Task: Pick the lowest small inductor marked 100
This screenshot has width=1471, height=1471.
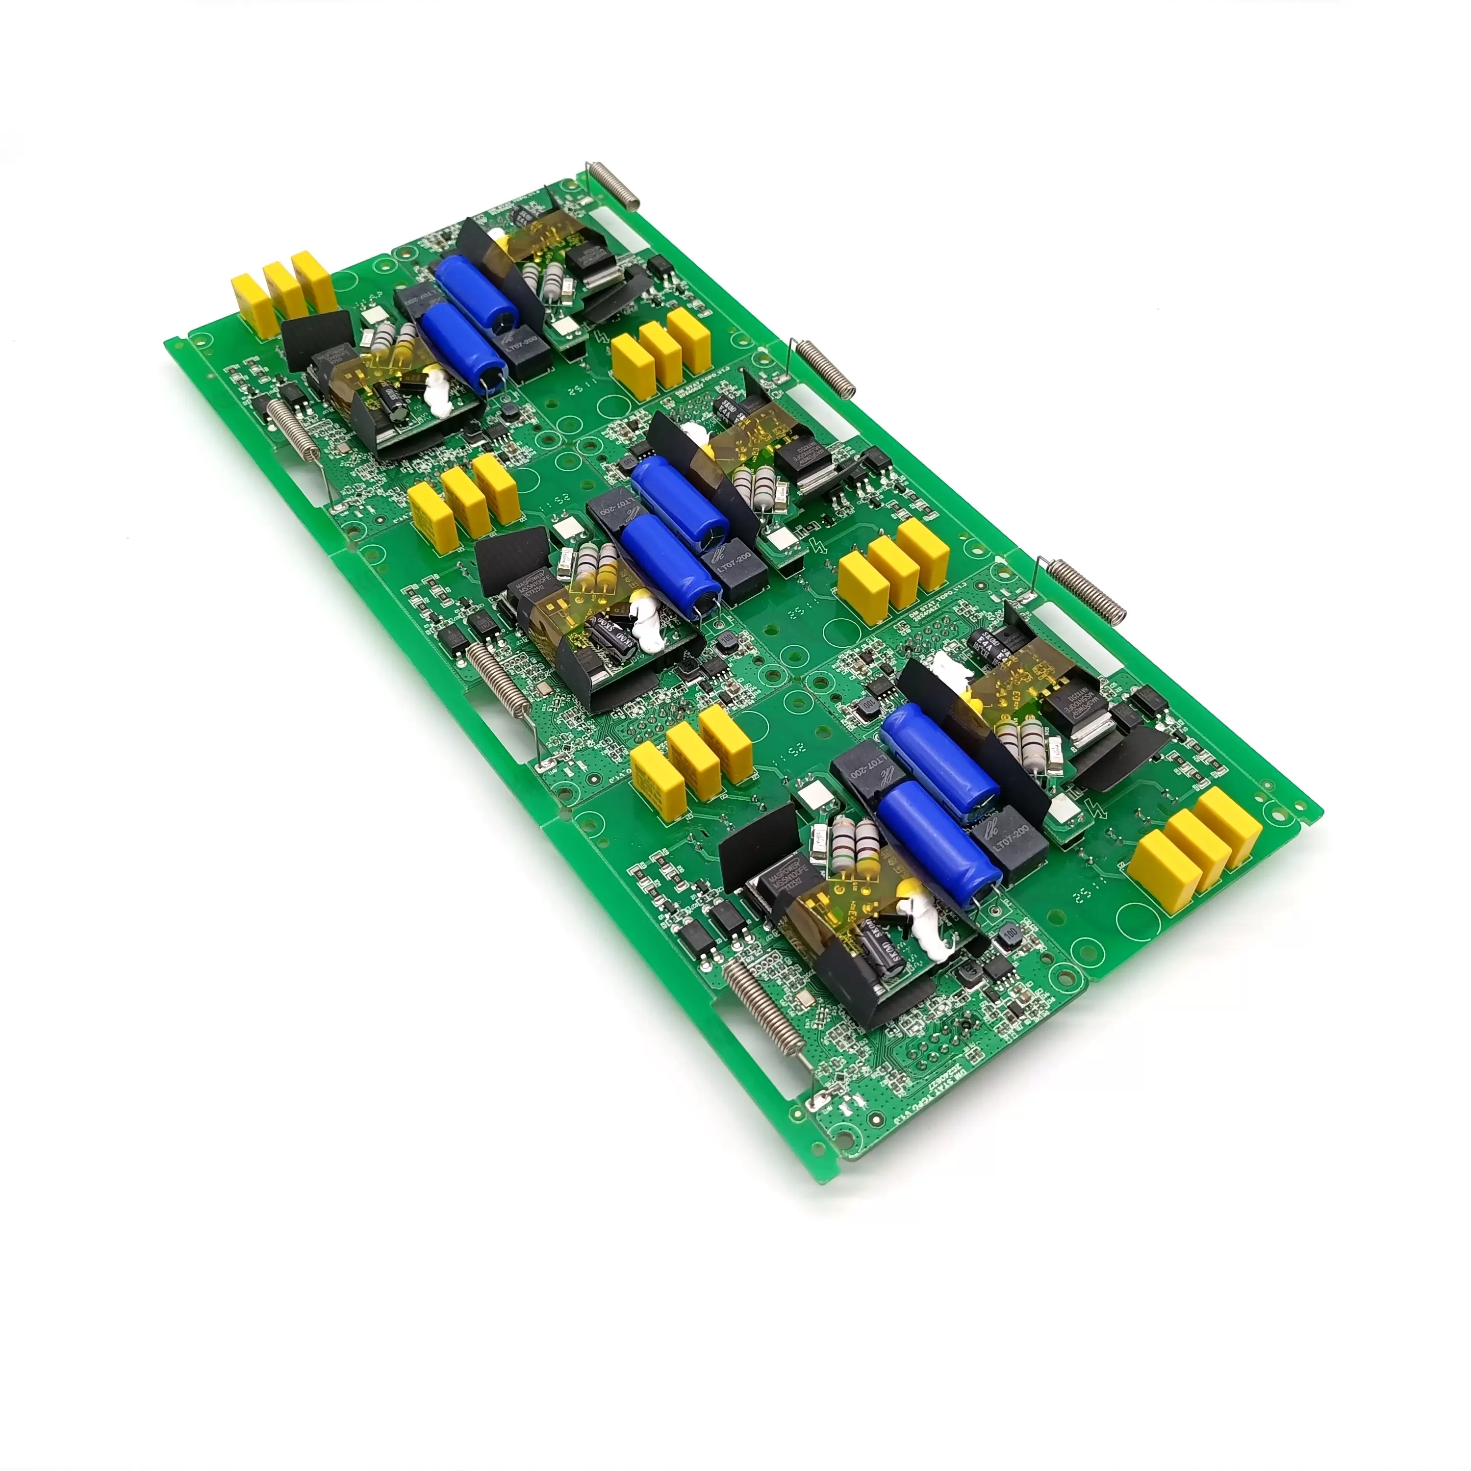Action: click(1011, 935)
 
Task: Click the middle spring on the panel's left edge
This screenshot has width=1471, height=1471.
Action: click(498, 678)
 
